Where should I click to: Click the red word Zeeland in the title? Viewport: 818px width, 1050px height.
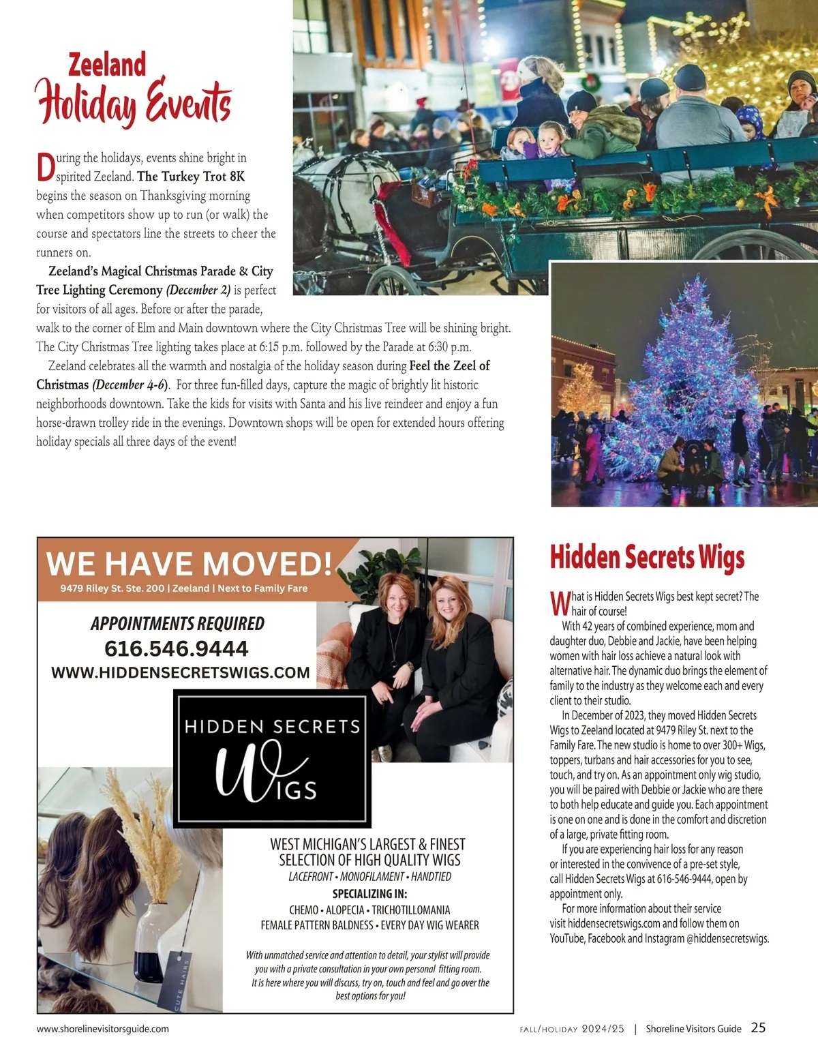(x=107, y=65)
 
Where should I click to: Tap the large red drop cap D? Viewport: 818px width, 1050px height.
(x=45, y=168)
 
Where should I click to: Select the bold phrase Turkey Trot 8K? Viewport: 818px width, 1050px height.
(x=191, y=177)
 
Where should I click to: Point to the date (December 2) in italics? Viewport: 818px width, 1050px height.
(x=198, y=290)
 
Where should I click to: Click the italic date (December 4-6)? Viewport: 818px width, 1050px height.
(x=130, y=385)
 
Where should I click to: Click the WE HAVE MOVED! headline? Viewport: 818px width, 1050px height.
(x=189, y=564)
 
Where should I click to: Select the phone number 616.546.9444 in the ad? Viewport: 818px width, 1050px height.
(x=177, y=648)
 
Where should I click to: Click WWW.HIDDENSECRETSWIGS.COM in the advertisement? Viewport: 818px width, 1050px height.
(x=181, y=673)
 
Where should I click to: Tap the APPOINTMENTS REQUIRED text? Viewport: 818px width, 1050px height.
(x=177, y=624)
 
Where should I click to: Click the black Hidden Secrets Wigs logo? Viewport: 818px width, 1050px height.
(x=272, y=757)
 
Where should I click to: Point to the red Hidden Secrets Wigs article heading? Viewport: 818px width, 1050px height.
(x=647, y=557)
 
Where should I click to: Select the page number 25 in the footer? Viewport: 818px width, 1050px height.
(x=758, y=1027)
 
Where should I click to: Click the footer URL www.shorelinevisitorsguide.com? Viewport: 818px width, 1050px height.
(x=102, y=1029)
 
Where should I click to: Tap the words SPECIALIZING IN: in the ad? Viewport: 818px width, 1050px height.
(x=369, y=894)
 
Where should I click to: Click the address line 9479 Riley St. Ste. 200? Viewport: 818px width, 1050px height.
(x=112, y=588)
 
